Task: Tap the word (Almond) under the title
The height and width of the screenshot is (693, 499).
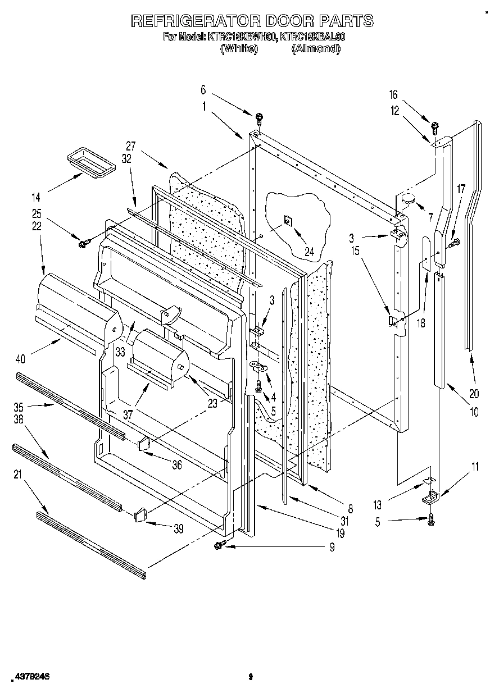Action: [316, 49]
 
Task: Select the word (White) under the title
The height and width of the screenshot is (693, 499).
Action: [239, 49]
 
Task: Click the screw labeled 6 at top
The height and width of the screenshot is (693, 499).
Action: [259, 118]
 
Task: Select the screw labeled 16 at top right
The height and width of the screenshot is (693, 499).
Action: [434, 125]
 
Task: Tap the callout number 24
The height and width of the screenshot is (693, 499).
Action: [309, 252]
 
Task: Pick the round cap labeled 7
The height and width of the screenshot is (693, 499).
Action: [407, 198]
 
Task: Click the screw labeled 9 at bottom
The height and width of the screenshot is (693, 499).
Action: [220, 544]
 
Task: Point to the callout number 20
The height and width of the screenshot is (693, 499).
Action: [474, 393]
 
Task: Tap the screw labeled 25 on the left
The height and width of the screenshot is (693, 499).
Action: [85, 243]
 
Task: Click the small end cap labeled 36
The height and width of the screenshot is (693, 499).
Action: [144, 444]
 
